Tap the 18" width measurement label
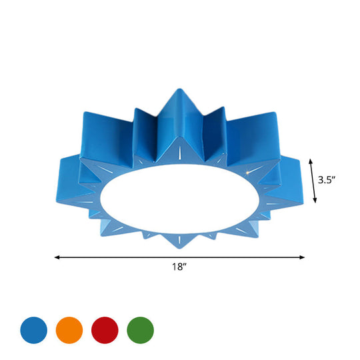179,267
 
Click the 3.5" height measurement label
331,179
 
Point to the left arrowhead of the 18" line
57,257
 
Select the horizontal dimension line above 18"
133,257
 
